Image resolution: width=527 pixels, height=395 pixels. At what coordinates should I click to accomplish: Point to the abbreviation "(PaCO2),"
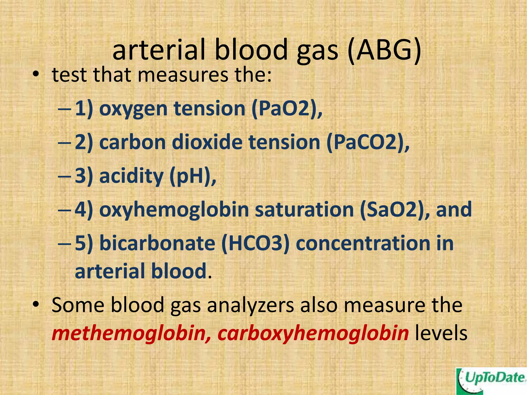[x=368, y=143]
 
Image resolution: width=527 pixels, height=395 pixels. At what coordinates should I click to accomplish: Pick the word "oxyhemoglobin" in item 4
[x=174, y=210]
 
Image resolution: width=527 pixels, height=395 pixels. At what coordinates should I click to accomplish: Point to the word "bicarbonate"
[x=157, y=244]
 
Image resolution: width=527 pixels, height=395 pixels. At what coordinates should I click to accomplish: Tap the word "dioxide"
[x=207, y=143]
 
